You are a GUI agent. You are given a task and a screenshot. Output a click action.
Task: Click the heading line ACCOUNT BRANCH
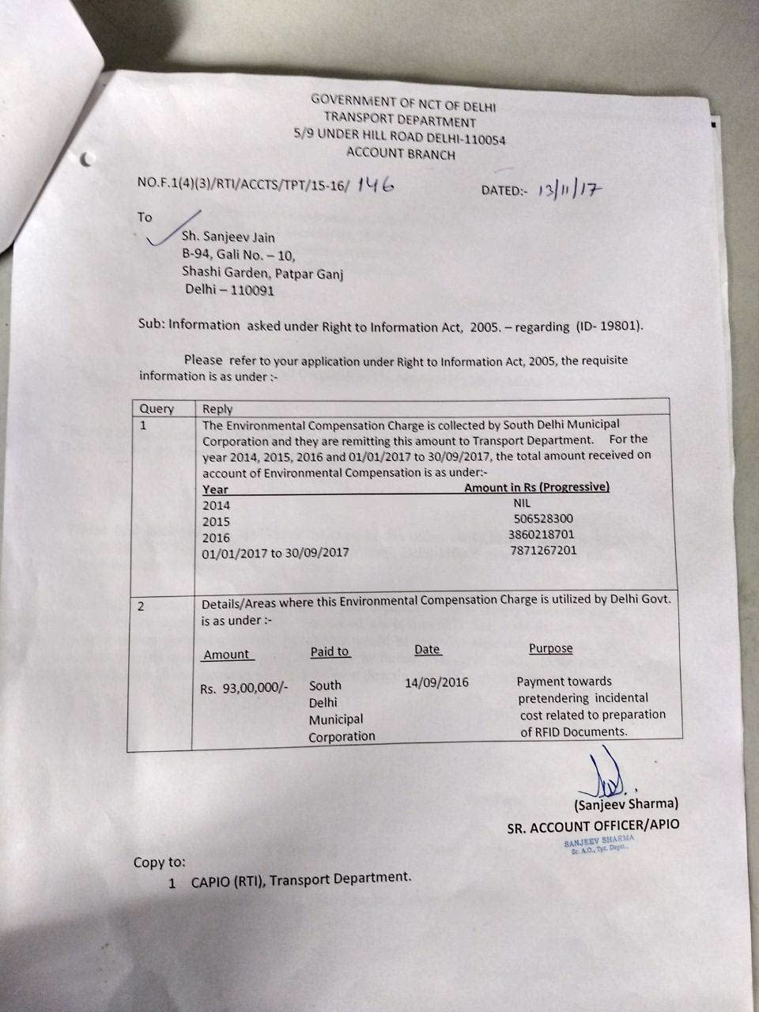coord(401,154)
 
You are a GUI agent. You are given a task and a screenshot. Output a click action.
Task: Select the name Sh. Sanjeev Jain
coord(229,236)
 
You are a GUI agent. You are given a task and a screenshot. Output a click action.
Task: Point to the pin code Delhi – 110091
coord(231,290)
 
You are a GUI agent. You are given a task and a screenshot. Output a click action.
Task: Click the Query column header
coord(157,409)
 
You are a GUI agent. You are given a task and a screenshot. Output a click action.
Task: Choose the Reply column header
coord(217,409)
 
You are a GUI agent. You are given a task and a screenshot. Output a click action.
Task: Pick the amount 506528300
coord(542,519)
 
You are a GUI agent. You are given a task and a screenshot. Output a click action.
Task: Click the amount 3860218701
coord(542,534)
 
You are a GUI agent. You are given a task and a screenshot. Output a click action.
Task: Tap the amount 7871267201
coord(543,550)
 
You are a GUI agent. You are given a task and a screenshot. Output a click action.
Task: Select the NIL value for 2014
coord(522,503)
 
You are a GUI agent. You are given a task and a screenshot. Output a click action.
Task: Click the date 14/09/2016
coord(436,682)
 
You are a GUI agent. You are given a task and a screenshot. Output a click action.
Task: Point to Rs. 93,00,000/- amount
coord(244,689)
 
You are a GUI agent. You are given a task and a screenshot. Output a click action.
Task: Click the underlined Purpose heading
coord(550,648)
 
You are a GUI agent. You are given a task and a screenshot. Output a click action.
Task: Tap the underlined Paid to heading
coord(330,651)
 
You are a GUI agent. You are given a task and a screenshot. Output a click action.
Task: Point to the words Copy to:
coord(160,863)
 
